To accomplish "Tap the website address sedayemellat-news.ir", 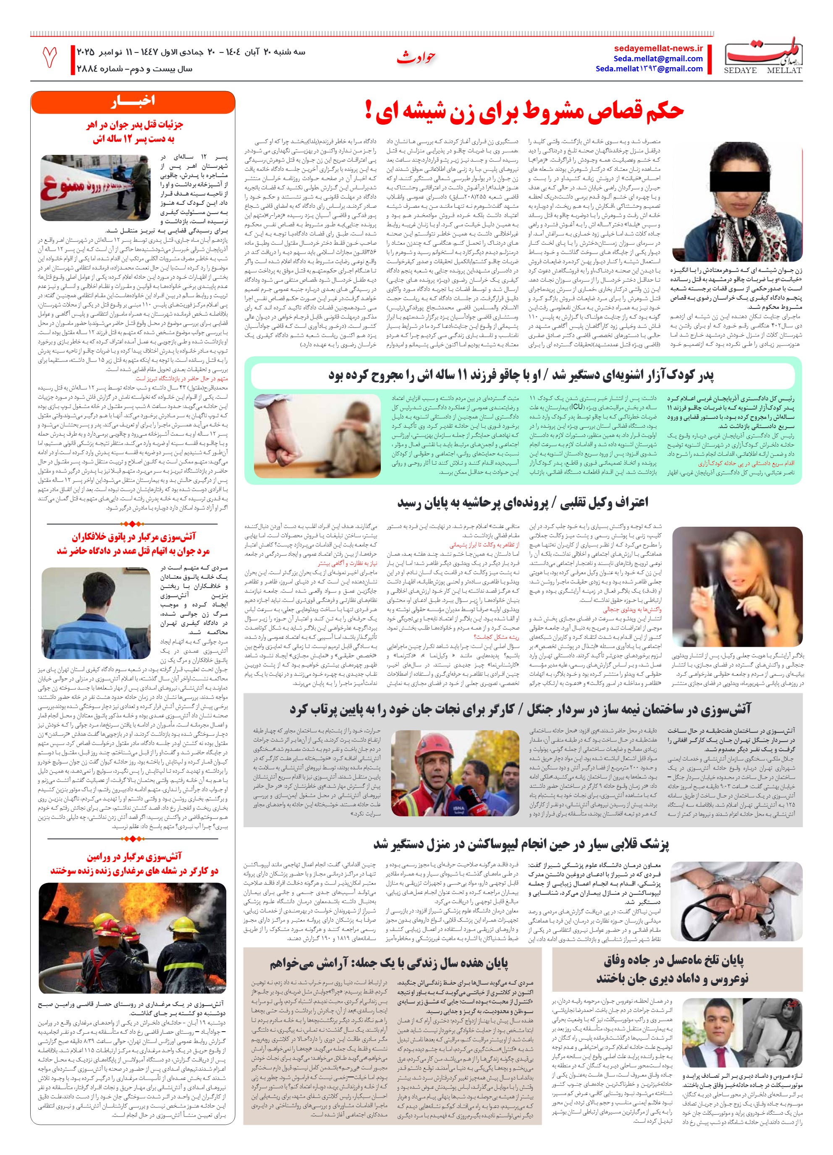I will tap(658, 48).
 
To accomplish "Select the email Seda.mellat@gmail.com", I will tap(658, 59).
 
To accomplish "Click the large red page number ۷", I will tap(50, 57).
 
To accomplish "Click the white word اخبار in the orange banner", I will tap(132, 101).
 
